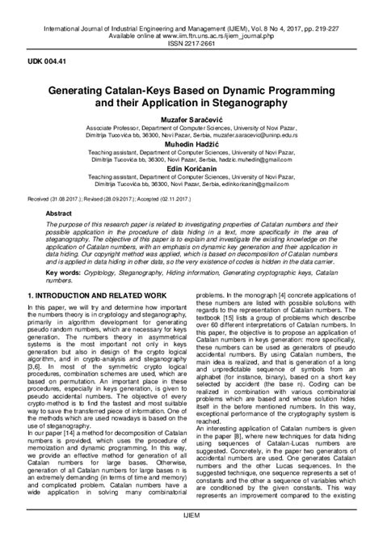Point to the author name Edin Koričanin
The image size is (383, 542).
coord(191,168)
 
